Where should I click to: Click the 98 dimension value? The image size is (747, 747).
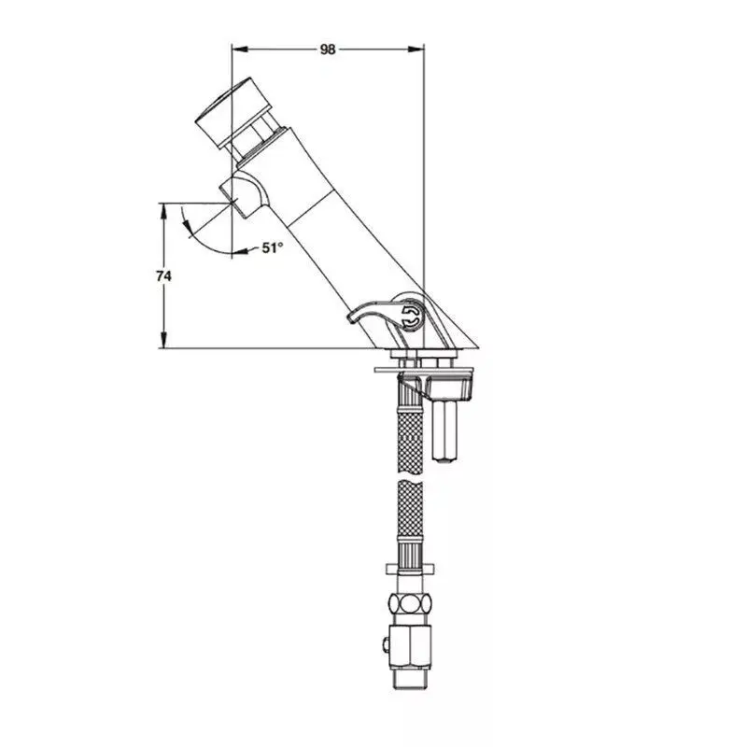[328, 49]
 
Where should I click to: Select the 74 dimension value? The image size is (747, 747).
[163, 275]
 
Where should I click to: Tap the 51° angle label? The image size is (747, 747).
[273, 247]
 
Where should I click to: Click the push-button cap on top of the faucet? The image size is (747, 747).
[233, 113]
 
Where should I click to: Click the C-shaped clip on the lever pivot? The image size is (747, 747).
[412, 317]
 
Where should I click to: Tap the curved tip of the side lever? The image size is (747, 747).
[354, 317]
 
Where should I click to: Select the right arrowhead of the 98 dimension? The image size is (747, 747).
[416, 49]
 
